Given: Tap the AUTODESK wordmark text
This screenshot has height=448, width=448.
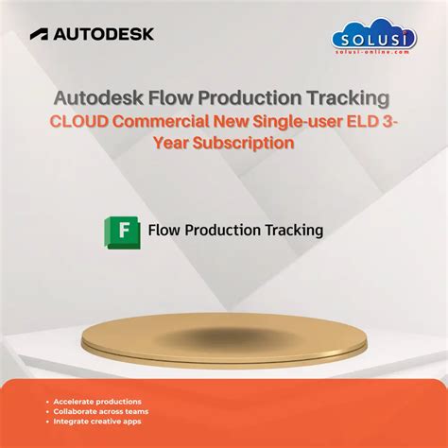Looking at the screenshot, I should click(x=103, y=34).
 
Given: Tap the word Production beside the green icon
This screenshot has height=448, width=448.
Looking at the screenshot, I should click(x=227, y=230).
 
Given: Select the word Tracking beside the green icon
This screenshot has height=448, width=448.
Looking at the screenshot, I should click(x=294, y=230).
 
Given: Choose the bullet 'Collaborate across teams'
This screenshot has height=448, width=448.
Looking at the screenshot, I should click(x=100, y=413).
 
